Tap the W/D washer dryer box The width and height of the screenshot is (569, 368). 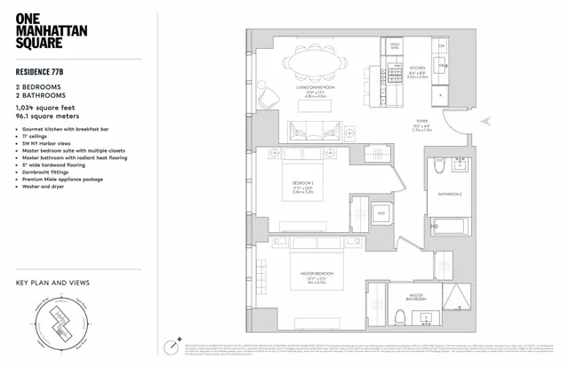381,213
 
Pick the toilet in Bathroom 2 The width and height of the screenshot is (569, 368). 438,169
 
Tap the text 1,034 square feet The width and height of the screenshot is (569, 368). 45,106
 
